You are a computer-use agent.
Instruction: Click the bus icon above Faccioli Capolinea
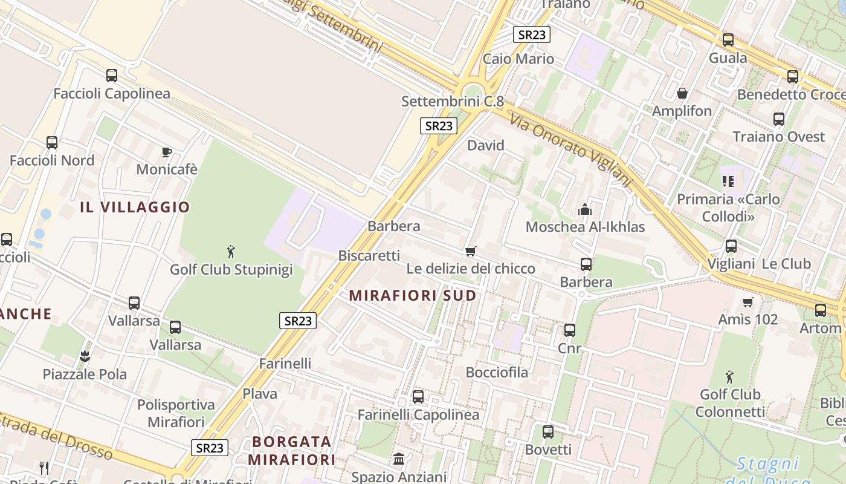pyautogui.click(x=112, y=76)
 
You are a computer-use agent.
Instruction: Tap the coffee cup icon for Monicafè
pyautogui.click(x=167, y=152)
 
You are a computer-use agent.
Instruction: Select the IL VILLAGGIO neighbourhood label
pyautogui.click(x=135, y=207)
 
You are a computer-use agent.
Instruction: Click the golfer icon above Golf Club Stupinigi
pyautogui.click(x=230, y=251)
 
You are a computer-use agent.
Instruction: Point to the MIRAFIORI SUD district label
pyautogui.click(x=413, y=296)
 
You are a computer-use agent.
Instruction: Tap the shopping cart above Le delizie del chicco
pyautogui.click(x=471, y=251)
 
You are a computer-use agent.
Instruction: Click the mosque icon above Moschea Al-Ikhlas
pyautogui.click(x=585, y=209)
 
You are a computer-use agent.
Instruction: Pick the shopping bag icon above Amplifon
pyautogui.click(x=682, y=93)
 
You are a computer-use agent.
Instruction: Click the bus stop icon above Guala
pyautogui.click(x=728, y=40)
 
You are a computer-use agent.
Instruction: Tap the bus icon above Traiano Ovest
pyautogui.click(x=779, y=119)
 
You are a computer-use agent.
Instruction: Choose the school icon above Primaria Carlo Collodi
pyautogui.click(x=728, y=181)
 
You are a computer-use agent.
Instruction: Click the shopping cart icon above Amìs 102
pyautogui.click(x=748, y=301)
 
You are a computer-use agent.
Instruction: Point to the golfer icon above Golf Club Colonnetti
pyautogui.click(x=730, y=377)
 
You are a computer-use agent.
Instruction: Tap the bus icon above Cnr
pyautogui.click(x=570, y=330)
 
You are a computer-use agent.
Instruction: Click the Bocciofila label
pyautogui.click(x=497, y=372)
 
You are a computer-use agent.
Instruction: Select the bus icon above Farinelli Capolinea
pyautogui.click(x=418, y=397)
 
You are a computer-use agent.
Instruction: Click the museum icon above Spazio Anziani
pyautogui.click(x=399, y=459)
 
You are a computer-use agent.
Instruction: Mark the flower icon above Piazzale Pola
pyautogui.click(x=85, y=356)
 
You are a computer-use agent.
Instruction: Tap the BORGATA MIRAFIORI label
pyautogui.click(x=291, y=450)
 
